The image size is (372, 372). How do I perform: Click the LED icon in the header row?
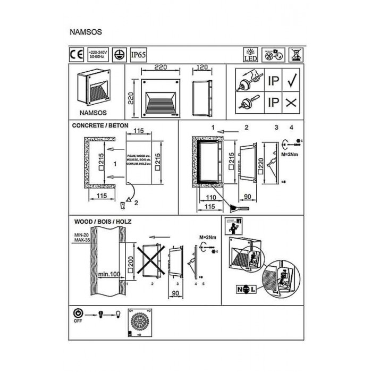click(x=249, y=54)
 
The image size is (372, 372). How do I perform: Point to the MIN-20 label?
click(x=80, y=234)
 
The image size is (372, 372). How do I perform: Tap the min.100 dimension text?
click(x=108, y=274)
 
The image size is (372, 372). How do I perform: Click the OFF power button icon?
click(x=78, y=314)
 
